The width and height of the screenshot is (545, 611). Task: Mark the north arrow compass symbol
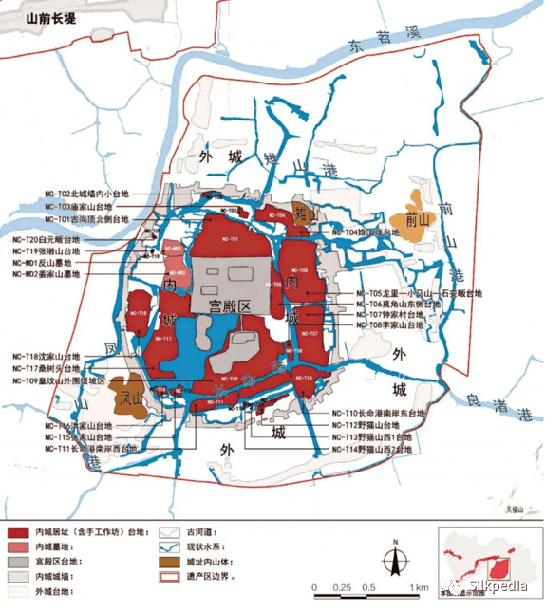(390, 561)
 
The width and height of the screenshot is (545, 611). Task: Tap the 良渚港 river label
(498, 402)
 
